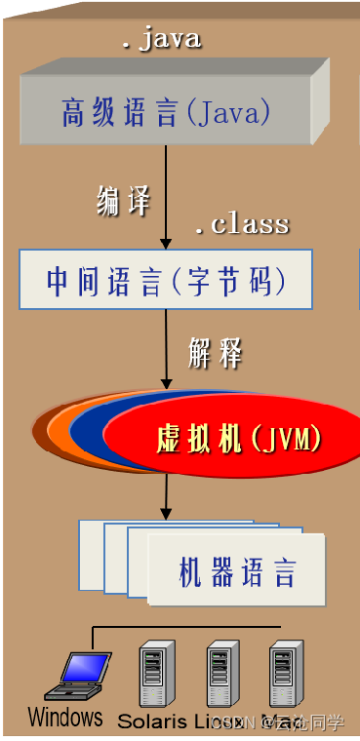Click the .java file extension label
pyautogui.click(x=161, y=39)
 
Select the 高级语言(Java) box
pyautogui.click(x=165, y=113)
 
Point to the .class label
pyautogui.click(x=241, y=224)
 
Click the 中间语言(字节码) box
pyautogui.click(x=166, y=280)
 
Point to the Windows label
pyautogui.click(x=65, y=718)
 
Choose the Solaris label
pyautogui.click(x=150, y=721)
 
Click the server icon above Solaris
pyautogui.click(x=154, y=673)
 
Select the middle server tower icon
pyautogui.click(x=220, y=673)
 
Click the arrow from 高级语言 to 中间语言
pyautogui.click(x=166, y=195)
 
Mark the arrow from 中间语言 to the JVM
pyautogui.click(x=166, y=346)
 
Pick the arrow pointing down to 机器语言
pyautogui.click(x=166, y=497)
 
